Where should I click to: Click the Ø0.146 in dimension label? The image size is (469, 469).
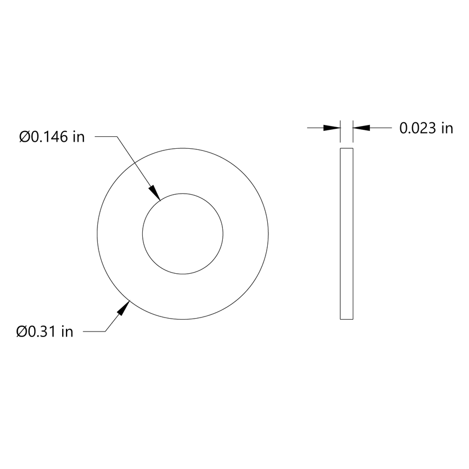[x=52, y=137]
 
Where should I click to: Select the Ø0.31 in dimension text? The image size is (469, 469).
[x=44, y=331]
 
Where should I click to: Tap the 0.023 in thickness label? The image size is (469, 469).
[x=426, y=128]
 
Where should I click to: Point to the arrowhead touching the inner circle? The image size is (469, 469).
[x=155, y=192]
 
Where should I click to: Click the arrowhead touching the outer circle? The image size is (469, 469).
[x=124, y=308]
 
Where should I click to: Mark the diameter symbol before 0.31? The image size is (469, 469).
[x=22, y=331]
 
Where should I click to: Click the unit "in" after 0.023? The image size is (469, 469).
[x=446, y=128]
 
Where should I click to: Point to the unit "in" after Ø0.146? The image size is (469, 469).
[x=78, y=137]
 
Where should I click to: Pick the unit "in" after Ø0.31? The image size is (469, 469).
[x=67, y=331]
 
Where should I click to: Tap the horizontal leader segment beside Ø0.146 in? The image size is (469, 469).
[x=106, y=137]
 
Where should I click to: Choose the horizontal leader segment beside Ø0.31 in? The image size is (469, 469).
[x=94, y=331]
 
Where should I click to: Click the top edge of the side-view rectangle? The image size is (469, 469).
[x=346, y=148]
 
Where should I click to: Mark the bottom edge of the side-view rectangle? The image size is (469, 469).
[x=346, y=319]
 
